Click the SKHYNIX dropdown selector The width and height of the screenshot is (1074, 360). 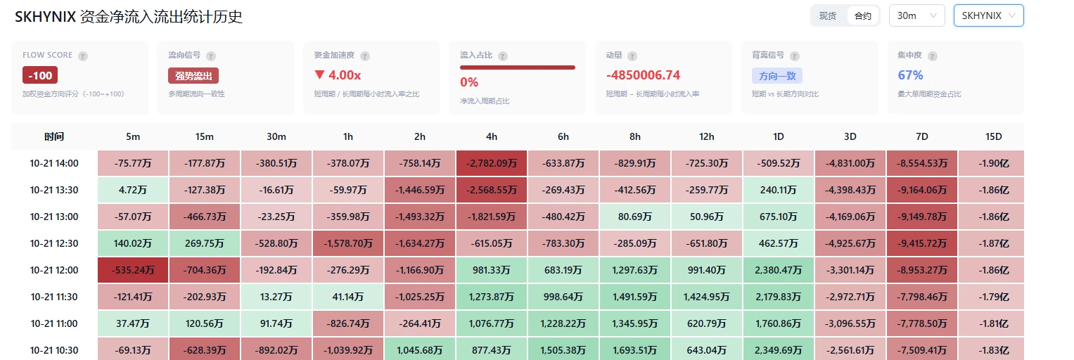988,15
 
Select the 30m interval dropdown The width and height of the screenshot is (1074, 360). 916,15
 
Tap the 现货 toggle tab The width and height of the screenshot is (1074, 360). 828,15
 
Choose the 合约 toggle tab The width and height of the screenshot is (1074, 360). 862,15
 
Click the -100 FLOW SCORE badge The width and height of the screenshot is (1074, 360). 40,75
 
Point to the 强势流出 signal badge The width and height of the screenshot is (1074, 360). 193,76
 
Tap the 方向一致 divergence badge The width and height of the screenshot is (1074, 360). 776,76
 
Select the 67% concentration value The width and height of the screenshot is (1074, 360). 910,75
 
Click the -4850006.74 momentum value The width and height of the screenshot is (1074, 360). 643,75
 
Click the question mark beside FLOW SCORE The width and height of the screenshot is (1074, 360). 83,56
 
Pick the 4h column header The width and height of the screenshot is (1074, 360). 492,136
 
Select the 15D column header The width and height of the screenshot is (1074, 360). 993,136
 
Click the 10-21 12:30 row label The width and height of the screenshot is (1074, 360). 53,243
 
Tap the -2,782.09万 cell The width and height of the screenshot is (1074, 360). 492,163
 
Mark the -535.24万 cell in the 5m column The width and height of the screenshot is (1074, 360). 133,271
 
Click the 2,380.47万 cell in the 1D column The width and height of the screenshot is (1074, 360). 778,271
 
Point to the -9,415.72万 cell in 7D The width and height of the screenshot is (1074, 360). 922,243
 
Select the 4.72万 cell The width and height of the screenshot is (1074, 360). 133,191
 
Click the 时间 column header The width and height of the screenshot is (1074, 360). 54,136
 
